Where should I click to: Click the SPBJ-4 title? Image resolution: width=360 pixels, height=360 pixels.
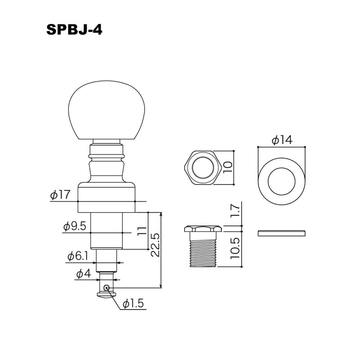74,30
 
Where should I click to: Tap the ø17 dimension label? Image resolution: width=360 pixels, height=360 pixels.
60,195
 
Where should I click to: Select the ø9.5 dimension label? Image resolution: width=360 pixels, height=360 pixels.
75,226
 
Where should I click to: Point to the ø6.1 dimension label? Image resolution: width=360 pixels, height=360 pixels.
77,256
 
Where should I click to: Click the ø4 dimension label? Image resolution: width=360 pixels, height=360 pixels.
84,274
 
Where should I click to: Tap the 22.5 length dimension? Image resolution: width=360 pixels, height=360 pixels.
156,245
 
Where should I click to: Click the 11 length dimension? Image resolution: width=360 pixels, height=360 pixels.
142,231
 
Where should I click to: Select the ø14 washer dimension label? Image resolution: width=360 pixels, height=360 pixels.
282,139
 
